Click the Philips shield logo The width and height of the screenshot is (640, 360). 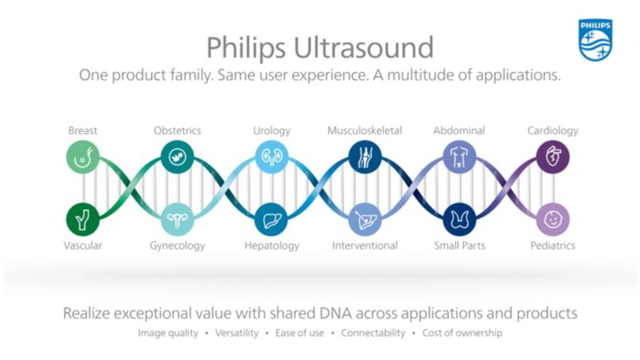(x=596, y=40)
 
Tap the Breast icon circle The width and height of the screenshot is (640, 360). (x=82, y=157)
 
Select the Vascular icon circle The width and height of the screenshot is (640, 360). (x=82, y=218)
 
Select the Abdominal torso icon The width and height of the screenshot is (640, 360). (x=458, y=157)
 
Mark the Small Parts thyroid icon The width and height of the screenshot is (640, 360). (x=458, y=218)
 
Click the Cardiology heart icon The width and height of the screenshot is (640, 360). (x=552, y=157)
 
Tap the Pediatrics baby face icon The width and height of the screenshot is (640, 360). (x=552, y=218)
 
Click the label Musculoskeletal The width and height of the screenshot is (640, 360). (x=364, y=130)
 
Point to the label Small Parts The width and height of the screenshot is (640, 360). (x=458, y=246)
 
